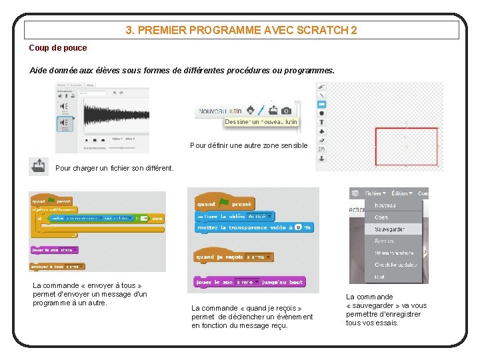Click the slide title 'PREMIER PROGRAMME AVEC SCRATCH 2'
[x=241, y=30]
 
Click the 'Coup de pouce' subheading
[x=58, y=48]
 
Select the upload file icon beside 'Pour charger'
[x=39, y=166]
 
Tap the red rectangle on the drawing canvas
[x=406, y=146]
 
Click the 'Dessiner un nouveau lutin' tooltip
[x=261, y=122]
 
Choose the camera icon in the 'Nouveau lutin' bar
[x=286, y=110]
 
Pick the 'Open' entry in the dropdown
[x=381, y=217]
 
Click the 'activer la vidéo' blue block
[x=233, y=216]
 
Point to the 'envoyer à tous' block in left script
[x=57, y=267]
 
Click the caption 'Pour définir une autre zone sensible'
[x=249, y=145]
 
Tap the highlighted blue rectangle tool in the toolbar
[x=321, y=105]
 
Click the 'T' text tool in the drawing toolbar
[x=321, y=123]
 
